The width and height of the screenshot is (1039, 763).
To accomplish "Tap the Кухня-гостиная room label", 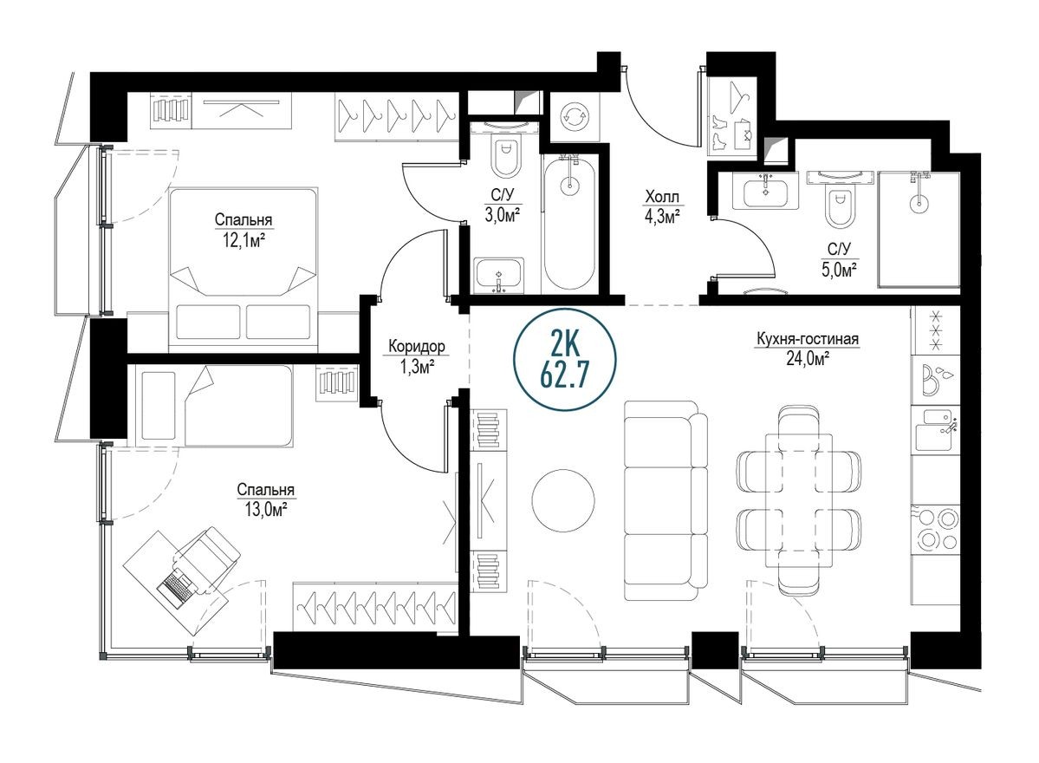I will [806, 340].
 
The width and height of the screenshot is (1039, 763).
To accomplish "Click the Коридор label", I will [417, 347].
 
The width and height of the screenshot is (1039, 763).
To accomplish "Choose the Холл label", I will [661, 196].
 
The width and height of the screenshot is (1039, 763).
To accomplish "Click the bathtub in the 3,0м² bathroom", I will [569, 223].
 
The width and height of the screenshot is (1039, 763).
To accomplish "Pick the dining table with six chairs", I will [799, 499].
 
